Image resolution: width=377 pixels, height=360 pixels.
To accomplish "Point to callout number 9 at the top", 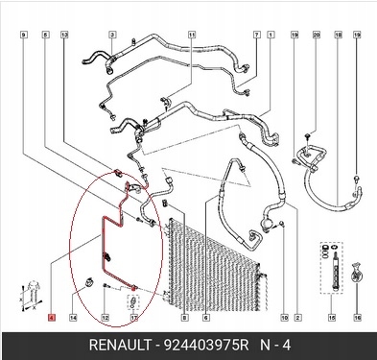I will click(23, 35).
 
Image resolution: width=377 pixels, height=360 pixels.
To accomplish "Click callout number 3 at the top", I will click(111, 35).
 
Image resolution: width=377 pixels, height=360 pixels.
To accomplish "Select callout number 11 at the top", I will click(191, 35).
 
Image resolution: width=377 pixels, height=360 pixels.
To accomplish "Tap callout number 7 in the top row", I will click(256, 35).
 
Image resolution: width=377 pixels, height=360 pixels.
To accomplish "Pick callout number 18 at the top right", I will click(338, 35).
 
